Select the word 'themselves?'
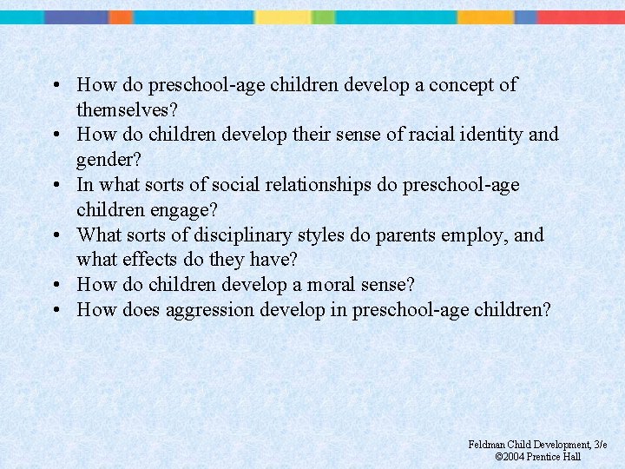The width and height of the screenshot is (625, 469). [x=126, y=110]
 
